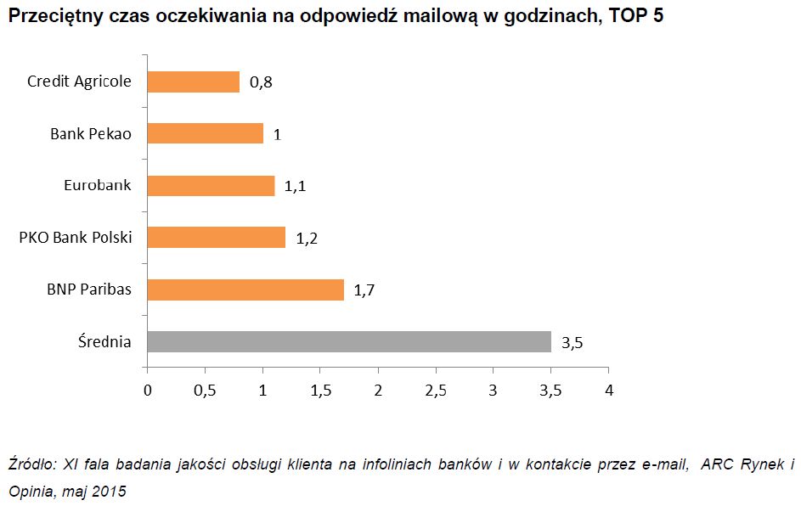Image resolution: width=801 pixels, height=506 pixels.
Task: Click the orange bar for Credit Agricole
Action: point(194,82)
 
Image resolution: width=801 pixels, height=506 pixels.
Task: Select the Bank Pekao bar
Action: point(205,133)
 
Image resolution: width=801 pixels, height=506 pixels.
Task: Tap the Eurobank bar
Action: point(211,186)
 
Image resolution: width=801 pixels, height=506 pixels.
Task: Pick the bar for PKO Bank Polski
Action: point(217,238)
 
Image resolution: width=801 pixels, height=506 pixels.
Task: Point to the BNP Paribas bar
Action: point(245,290)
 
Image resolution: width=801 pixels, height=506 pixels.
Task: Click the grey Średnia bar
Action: point(349,341)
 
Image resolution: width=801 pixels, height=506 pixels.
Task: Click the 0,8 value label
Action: point(261,82)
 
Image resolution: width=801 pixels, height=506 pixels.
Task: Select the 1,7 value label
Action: point(364,290)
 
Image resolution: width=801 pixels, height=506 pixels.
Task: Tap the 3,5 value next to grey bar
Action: point(572,343)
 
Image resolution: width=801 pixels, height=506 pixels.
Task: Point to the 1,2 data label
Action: point(306,239)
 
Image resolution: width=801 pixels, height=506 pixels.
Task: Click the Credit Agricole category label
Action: point(80,82)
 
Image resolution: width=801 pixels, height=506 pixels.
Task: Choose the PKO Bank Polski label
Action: point(76,238)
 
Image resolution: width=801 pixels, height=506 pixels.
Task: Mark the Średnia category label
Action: point(103,342)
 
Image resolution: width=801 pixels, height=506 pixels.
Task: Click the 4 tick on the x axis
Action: point(608,391)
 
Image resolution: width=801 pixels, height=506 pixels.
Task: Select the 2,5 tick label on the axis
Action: point(436,391)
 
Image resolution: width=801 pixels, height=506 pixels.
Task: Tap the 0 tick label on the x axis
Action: point(148,391)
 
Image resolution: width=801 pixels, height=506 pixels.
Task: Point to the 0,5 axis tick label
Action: point(205,391)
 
